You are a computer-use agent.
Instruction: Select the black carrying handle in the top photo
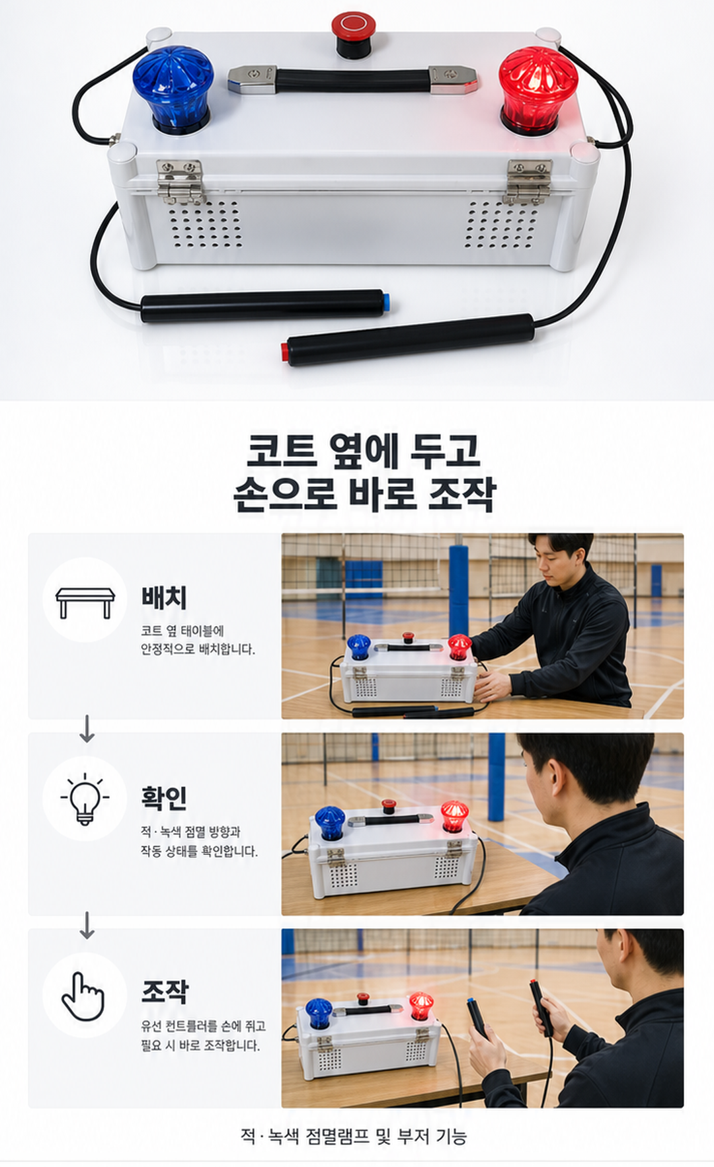[353, 79]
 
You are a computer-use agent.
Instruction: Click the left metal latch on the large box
[180, 181]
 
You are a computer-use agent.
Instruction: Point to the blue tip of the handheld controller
[386, 302]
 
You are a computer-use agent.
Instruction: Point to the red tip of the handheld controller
[285, 351]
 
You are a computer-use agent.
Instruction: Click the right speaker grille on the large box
[501, 225]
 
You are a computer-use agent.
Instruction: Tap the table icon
[85, 602]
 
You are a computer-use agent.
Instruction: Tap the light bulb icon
[85, 799]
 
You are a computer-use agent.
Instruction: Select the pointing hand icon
[83, 996]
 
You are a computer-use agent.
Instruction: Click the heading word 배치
[164, 597]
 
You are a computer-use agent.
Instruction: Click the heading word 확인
[164, 797]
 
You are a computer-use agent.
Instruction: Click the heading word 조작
[165, 991]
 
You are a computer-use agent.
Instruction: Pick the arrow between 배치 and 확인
[87, 729]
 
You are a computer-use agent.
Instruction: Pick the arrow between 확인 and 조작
[87, 926]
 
